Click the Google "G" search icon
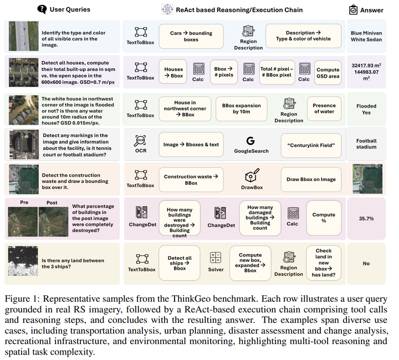point(250,141)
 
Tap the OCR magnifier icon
point(140,141)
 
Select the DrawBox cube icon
point(252,175)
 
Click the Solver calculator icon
point(216,258)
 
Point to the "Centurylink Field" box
point(311,146)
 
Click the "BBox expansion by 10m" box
point(242,109)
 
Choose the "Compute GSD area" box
point(328,73)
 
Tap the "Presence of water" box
point(324,109)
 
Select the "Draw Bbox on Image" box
point(311,179)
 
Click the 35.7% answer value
point(366,218)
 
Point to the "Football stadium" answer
point(366,144)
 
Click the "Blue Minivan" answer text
point(366,33)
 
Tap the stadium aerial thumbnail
point(24,145)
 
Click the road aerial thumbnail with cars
point(24,36)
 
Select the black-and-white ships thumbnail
point(23,261)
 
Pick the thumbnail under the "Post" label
point(53,222)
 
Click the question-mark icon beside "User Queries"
point(42,9)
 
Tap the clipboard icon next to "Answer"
point(353,9)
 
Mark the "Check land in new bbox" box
point(324,263)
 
